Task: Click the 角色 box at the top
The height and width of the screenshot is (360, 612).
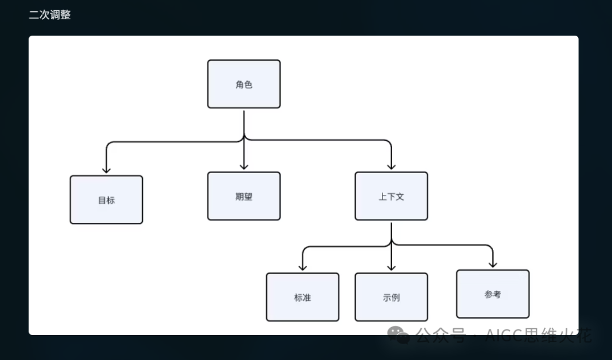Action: coord(244,84)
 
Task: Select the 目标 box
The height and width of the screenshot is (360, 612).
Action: coord(106,200)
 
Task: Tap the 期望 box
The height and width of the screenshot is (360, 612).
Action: coord(244,196)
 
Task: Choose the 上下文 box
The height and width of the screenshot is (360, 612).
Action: coord(391,196)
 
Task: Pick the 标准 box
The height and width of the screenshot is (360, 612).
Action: coord(303,297)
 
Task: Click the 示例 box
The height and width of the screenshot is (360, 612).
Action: coord(391,297)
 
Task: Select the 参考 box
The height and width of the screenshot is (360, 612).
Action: coord(492,294)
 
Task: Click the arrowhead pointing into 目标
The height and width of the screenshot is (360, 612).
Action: coord(106,170)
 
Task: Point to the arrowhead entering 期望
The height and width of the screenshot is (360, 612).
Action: coord(244,166)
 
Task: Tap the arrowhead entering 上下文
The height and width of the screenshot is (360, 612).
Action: coord(391,166)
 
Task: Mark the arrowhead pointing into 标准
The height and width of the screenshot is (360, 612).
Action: coord(303,268)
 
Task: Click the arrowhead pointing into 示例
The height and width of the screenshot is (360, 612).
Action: coord(391,268)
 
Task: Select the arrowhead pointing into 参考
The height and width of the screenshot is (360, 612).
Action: coord(492,264)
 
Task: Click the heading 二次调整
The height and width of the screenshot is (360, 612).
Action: coord(50,15)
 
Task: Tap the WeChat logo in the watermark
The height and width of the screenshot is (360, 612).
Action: coord(398,335)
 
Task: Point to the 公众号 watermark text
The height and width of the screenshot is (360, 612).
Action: coord(441,335)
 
